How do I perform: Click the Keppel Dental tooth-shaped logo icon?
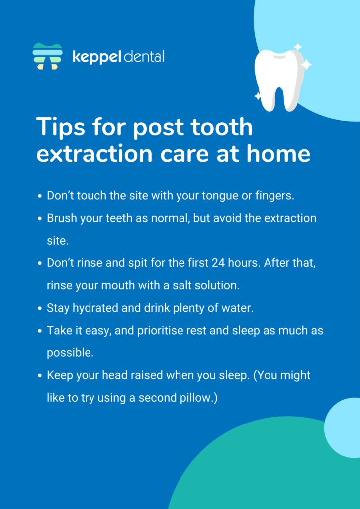[47, 56]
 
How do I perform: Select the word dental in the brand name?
[144, 56]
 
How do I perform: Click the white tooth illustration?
[280, 79]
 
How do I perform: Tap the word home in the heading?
[278, 154]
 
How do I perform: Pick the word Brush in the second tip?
[61, 218]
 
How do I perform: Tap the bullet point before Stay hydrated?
[40, 308]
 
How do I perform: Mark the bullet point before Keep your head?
[40, 376]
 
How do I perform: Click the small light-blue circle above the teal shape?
[342, 428]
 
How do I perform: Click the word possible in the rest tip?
[70, 353]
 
